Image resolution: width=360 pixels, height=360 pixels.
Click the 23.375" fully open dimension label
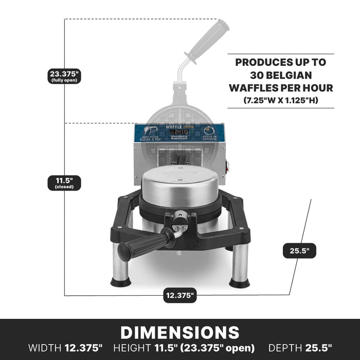[x=65, y=76]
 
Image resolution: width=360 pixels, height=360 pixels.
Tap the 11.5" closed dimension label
[x=65, y=183]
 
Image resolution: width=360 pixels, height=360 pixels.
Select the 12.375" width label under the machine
[x=180, y=295]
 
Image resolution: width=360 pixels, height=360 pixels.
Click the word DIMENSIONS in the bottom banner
[x=180, y=332]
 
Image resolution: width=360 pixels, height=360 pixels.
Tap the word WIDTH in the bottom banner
[x=45, y=348]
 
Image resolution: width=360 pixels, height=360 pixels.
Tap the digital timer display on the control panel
[x=179, y=132]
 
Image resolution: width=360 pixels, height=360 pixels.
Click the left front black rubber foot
[x=121, y=282]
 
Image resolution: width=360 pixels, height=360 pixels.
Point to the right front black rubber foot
[x=239, y=282]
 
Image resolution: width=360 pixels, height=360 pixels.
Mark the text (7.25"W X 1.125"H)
[x=281, y=100]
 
